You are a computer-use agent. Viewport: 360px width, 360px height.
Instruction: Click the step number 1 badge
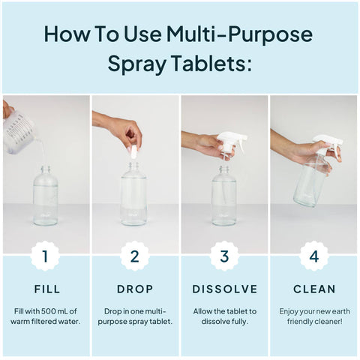[45, 256]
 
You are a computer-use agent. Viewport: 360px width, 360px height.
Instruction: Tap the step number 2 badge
[134, 256]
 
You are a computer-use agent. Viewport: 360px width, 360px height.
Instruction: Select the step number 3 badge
[224, 256]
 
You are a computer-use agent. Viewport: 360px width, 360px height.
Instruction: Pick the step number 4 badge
[314, 256]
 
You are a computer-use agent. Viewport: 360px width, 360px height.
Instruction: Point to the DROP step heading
[134, 289]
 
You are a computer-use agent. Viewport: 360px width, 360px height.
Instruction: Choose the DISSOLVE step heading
[224, 289]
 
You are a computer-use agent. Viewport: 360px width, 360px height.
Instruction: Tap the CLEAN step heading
[314, 289]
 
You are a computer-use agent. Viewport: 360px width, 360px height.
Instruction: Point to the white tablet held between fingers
[133, 152]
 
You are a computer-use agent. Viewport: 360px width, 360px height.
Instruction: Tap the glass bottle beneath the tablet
[134, 196]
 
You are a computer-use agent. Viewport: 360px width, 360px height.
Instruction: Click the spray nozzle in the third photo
[229, 142]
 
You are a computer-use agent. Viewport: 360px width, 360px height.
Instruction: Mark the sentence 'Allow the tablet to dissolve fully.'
[224, 316]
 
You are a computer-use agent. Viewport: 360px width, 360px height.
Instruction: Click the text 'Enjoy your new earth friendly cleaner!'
[314, 316]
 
